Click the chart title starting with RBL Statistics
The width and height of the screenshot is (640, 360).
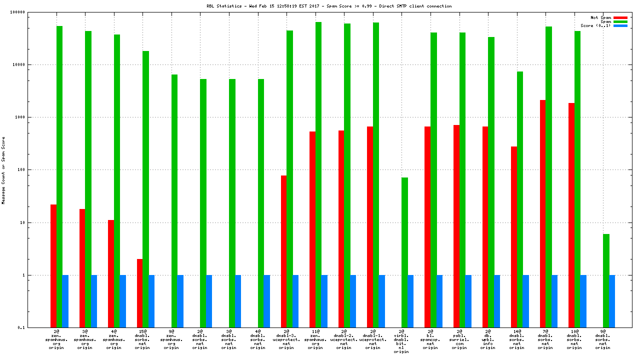pos(329,6)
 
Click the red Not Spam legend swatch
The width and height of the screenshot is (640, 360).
pos(620,17)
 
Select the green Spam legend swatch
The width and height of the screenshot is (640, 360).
pos(620,21)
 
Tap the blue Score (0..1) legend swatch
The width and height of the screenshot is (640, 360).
pos(620,25)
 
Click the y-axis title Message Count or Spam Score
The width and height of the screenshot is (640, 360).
pos(3,170)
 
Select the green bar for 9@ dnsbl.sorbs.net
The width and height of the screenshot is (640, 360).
pos(606,280)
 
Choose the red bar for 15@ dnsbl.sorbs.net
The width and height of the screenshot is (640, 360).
pos(140,293)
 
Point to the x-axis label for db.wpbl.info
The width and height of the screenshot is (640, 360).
pos(488,339)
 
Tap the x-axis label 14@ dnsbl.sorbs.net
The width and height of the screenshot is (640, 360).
pos(516,339)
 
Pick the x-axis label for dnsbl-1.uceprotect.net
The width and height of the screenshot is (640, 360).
pos(372,339)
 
